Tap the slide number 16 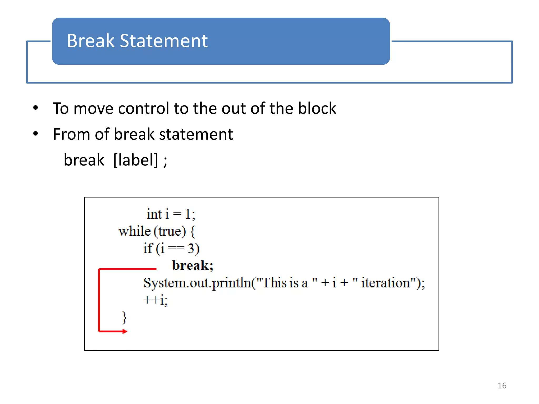[502, 385]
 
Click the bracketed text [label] [136, 160]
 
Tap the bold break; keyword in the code [192, 265]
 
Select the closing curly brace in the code [124, 317]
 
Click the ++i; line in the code [155, 300]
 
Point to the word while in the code [134, 231]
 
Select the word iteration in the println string [385, 283]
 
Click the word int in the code [154, 214]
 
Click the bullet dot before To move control [36, 108]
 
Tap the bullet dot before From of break [36, 134]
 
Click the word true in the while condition [170, 231]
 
